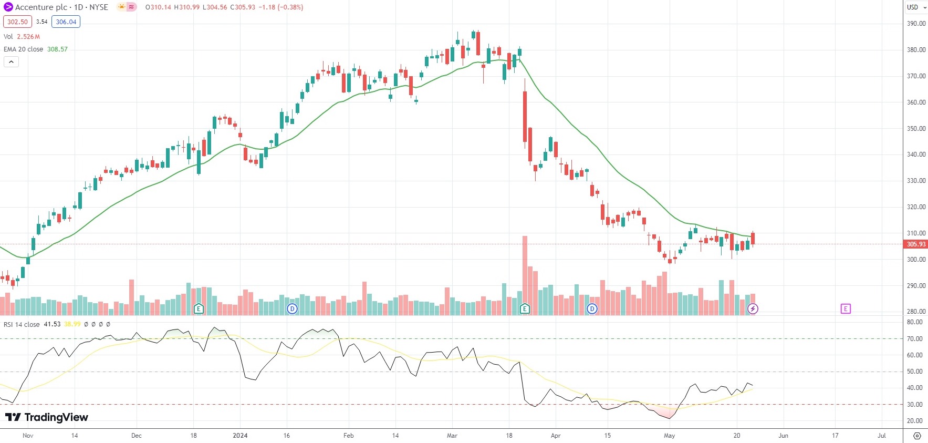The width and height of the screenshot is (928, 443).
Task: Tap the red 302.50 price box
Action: pos(17,22)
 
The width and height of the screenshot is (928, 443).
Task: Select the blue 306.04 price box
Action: pos(66,22)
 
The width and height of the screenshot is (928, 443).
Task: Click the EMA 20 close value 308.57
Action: pos(57,49)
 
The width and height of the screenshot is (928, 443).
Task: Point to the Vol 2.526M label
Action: pos(22,37)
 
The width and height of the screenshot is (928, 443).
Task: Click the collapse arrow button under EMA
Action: pos(11,62)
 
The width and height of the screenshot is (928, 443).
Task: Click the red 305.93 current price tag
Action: pos(915,244)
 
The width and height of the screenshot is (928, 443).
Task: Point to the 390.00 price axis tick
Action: pos(916,24)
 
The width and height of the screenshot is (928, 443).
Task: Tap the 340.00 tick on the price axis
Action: pos(916,154)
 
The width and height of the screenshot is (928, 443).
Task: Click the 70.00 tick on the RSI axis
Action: pos(915,339)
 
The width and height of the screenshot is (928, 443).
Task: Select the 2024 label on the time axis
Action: pos(240,436)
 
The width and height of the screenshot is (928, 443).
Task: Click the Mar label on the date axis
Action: pos(452,436)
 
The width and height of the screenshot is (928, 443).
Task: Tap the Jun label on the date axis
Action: pos(783,436)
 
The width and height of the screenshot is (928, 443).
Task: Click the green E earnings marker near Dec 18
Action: pos(199,309)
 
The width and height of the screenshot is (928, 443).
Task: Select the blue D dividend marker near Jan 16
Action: pos(292,309)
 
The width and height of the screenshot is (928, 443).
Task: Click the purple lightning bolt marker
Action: pos(753,309)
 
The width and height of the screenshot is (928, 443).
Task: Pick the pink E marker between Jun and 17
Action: pos(845,309)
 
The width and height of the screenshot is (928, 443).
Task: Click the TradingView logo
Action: pos(47,417)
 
